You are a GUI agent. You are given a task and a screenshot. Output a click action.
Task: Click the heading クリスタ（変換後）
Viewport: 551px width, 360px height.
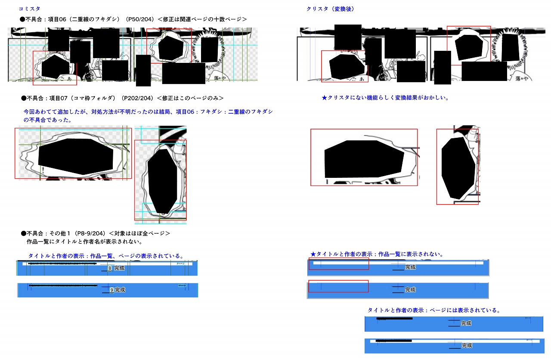330,9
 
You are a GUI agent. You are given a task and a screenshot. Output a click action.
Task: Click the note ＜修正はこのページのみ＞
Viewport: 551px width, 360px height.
190,98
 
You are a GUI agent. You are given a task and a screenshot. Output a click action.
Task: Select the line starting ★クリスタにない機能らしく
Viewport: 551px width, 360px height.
385,98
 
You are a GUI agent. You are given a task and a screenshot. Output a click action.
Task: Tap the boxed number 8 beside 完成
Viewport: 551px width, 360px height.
110,268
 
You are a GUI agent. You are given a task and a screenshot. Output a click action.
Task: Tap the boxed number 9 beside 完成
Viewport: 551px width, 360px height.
111,290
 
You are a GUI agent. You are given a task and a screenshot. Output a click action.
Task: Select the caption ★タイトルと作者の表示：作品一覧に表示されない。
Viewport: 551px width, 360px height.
377,254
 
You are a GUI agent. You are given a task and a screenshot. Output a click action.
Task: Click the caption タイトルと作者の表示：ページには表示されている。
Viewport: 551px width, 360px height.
433,310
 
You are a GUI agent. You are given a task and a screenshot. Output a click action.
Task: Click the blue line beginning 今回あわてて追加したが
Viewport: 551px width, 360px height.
148,112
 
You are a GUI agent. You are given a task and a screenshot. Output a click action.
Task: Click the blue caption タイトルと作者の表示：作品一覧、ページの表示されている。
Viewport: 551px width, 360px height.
106,256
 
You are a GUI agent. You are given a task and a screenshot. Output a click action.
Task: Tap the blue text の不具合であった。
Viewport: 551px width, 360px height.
47,119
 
